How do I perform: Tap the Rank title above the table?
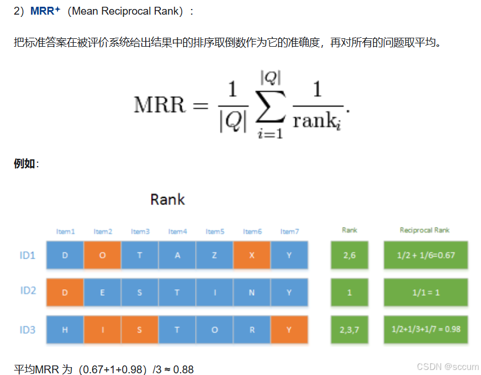coord(168,199)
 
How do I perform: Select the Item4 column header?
coord(177,231)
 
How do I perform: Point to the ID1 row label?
coord(28,255)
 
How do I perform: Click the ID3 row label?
coord(28,329)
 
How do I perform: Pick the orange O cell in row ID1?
coord(102,255)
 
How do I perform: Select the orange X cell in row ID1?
coord(251,255)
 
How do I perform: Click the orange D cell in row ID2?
coord(65,292)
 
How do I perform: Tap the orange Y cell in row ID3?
coord(289,330)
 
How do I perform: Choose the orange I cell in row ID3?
coord(102,330)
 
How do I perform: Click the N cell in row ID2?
coord(251,292)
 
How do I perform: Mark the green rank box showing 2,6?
coord(349,255)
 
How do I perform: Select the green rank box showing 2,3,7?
coord(349,330)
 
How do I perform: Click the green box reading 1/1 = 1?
coord(426,292)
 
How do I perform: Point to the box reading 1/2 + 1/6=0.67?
coord(426,255)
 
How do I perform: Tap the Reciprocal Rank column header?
coord(425,230)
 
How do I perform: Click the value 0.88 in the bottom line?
coord(183,370)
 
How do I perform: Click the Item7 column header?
coord(289,231)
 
